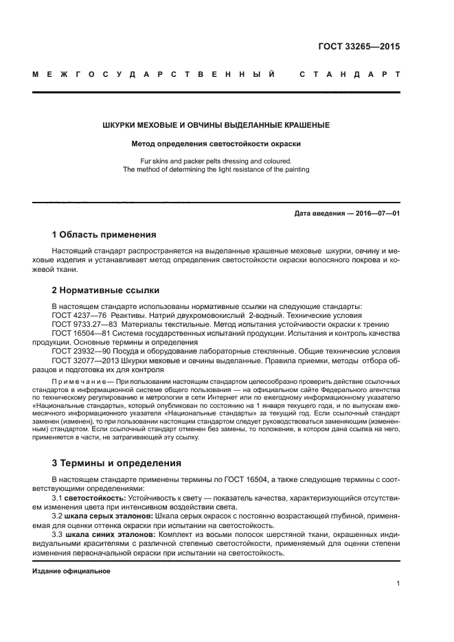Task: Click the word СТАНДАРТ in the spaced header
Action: point(350,73)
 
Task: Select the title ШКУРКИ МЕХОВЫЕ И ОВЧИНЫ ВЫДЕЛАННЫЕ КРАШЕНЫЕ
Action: point(216,125)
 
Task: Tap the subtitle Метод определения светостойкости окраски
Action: point(216,144)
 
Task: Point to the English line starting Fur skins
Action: point(216,161)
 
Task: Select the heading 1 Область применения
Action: point(104,234)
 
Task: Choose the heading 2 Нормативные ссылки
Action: point(106,290)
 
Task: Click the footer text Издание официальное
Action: point(67,571)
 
